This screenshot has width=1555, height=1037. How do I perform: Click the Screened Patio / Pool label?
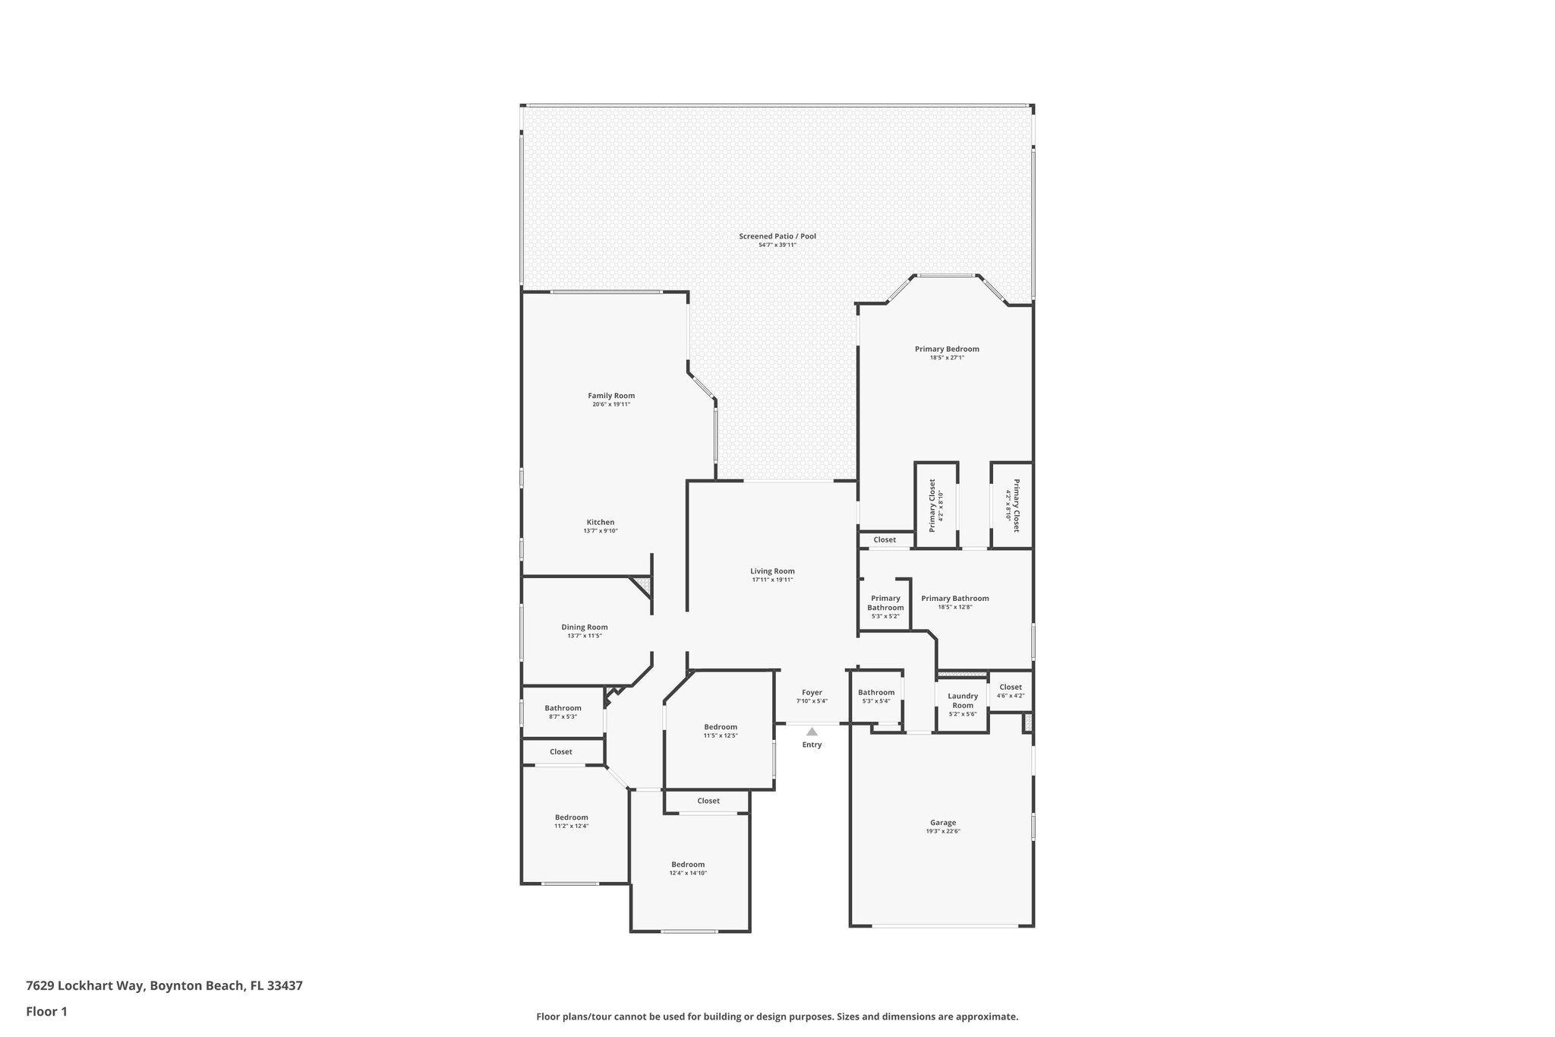(777, 236)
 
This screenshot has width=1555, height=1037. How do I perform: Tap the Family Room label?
(611, 396)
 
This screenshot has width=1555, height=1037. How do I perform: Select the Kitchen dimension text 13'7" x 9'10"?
(601, 531)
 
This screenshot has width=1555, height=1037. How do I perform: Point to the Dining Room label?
(585, 628)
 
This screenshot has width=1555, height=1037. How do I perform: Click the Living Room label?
(772, 571)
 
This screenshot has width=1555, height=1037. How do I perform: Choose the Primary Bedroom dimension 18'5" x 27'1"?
(947, 358)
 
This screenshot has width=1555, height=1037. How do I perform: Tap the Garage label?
(943, 823)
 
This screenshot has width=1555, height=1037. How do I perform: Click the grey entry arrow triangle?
(812, 732)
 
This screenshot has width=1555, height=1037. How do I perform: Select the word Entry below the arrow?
(812, 745)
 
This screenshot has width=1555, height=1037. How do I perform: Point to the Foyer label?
(812, 693)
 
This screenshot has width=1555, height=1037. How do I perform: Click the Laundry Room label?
(963, 700)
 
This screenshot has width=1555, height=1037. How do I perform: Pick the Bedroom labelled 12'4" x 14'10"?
(688, 865)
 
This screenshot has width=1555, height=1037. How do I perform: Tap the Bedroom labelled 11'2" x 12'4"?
(571, 817)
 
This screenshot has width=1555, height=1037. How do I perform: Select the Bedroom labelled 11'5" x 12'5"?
(721, 727)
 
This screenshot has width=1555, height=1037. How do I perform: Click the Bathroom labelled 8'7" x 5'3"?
(563, 708)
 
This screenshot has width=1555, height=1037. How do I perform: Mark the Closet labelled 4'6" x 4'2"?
(1011, 688)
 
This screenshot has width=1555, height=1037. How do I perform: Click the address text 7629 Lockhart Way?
(84, 986)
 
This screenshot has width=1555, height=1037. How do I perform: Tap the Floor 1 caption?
(46, 1011)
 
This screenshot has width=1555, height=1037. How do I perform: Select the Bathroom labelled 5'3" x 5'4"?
(876, 692)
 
